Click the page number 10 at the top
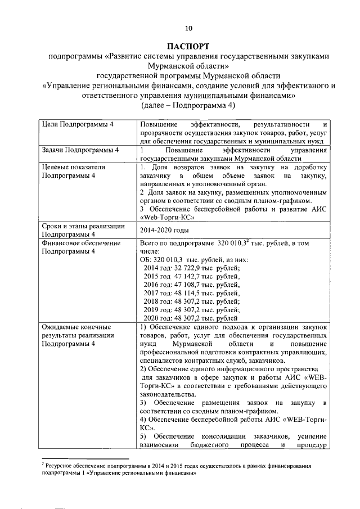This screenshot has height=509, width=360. click(x=188, y=29)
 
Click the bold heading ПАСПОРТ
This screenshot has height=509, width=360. click(x=188, y=46)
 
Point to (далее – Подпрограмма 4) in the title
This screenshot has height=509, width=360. click(x=188, y=105)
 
